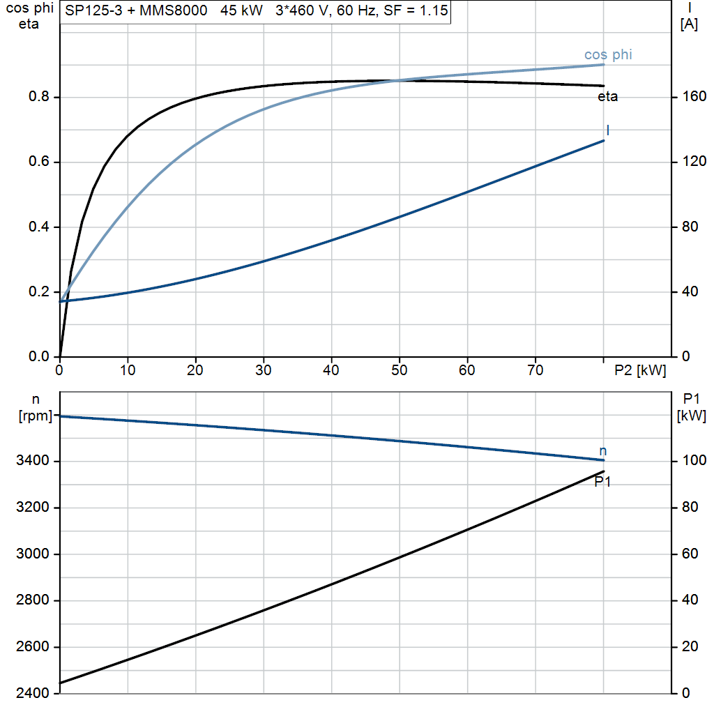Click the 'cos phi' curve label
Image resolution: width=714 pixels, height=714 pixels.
(608, 54)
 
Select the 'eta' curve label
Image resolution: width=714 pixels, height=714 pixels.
(607, 96)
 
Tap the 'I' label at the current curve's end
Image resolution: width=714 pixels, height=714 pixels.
(608, 130)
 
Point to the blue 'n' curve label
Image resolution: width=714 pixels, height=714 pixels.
(603, 451)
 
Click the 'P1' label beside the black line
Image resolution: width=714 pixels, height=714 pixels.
(602, 481)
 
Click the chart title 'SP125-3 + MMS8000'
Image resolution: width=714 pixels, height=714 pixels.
(136, 10)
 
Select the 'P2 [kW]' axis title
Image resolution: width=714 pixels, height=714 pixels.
(640, 370)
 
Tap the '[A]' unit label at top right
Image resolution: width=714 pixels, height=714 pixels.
(689, 24)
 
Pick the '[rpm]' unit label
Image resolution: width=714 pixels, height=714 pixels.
(36, 416)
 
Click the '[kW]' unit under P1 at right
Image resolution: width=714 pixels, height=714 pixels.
(691, 416)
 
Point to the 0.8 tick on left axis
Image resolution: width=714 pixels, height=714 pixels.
(39, 96)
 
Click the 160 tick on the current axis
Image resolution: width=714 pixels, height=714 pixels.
(694, 96)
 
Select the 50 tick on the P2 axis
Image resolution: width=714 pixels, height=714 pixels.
(400, 370)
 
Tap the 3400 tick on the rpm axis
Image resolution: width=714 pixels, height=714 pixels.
(32, 460)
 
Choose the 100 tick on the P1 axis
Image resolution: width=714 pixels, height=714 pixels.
(694, 460)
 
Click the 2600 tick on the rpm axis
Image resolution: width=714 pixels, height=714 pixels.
(32, 646)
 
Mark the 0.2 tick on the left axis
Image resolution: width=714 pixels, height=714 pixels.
(39, 291)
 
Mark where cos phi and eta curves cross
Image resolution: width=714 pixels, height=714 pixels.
(395, 81)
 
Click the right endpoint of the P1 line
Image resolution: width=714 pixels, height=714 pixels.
(604, 471)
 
